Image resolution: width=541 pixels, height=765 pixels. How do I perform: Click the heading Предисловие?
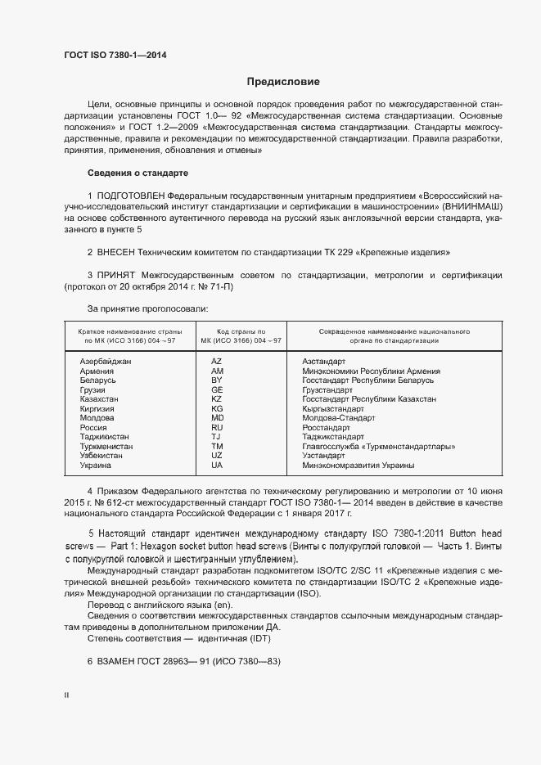[283, 82]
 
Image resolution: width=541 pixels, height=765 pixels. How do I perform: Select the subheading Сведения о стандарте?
[138, 173]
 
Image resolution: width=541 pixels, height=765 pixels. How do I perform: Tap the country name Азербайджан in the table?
[106, 362]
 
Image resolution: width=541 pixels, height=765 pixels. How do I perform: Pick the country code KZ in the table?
[217, 398]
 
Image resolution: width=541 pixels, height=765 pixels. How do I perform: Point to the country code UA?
[217, 465]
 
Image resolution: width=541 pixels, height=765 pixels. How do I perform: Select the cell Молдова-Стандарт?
[339, 417]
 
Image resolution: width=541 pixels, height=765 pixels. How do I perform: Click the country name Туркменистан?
[106, 446]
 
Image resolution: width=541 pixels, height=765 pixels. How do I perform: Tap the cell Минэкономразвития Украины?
[358, 465]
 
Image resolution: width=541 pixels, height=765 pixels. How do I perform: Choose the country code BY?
[217, 380]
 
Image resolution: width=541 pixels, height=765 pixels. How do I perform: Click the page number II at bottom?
[66, 695]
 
